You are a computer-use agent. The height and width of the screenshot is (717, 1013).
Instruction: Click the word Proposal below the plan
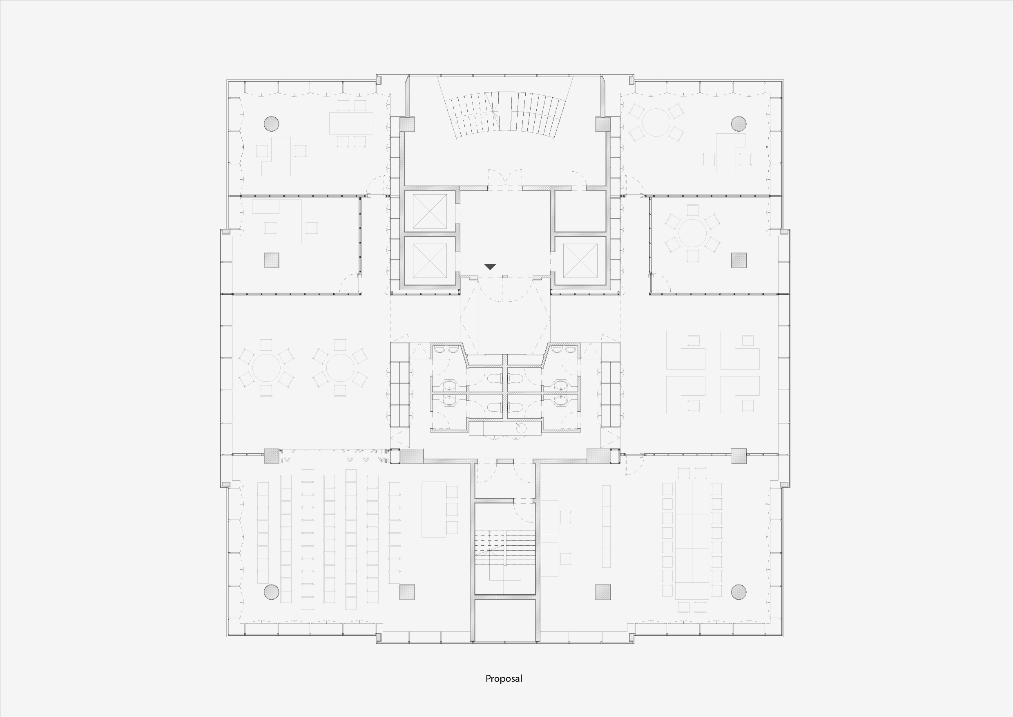coord(503,679)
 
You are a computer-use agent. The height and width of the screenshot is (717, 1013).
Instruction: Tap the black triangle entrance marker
coord(490,267)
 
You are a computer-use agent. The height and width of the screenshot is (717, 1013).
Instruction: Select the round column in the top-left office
coord(271,124)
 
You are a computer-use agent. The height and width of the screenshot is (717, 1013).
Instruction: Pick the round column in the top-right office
coord(739,124)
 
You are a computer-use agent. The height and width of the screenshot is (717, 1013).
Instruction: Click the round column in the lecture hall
coord(271,592)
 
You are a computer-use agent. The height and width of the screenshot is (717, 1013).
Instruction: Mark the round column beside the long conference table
coord(739,592)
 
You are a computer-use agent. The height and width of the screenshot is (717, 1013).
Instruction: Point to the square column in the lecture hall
coord(407,592)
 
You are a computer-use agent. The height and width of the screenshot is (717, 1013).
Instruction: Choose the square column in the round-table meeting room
coord(739,260)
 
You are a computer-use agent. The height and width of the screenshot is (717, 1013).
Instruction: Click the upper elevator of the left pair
coord(430,211)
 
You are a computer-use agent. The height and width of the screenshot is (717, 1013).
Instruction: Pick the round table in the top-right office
coord(656,122)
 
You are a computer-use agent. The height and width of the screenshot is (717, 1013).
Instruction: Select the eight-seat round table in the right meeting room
coord(692,233)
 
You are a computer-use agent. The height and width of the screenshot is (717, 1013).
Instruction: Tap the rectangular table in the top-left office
coord(351,123)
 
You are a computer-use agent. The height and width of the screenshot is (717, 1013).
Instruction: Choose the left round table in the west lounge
coord(266,368)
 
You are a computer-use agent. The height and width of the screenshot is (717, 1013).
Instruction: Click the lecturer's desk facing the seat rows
coord(434,509)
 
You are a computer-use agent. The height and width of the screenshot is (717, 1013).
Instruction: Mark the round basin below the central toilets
coord(521,428)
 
